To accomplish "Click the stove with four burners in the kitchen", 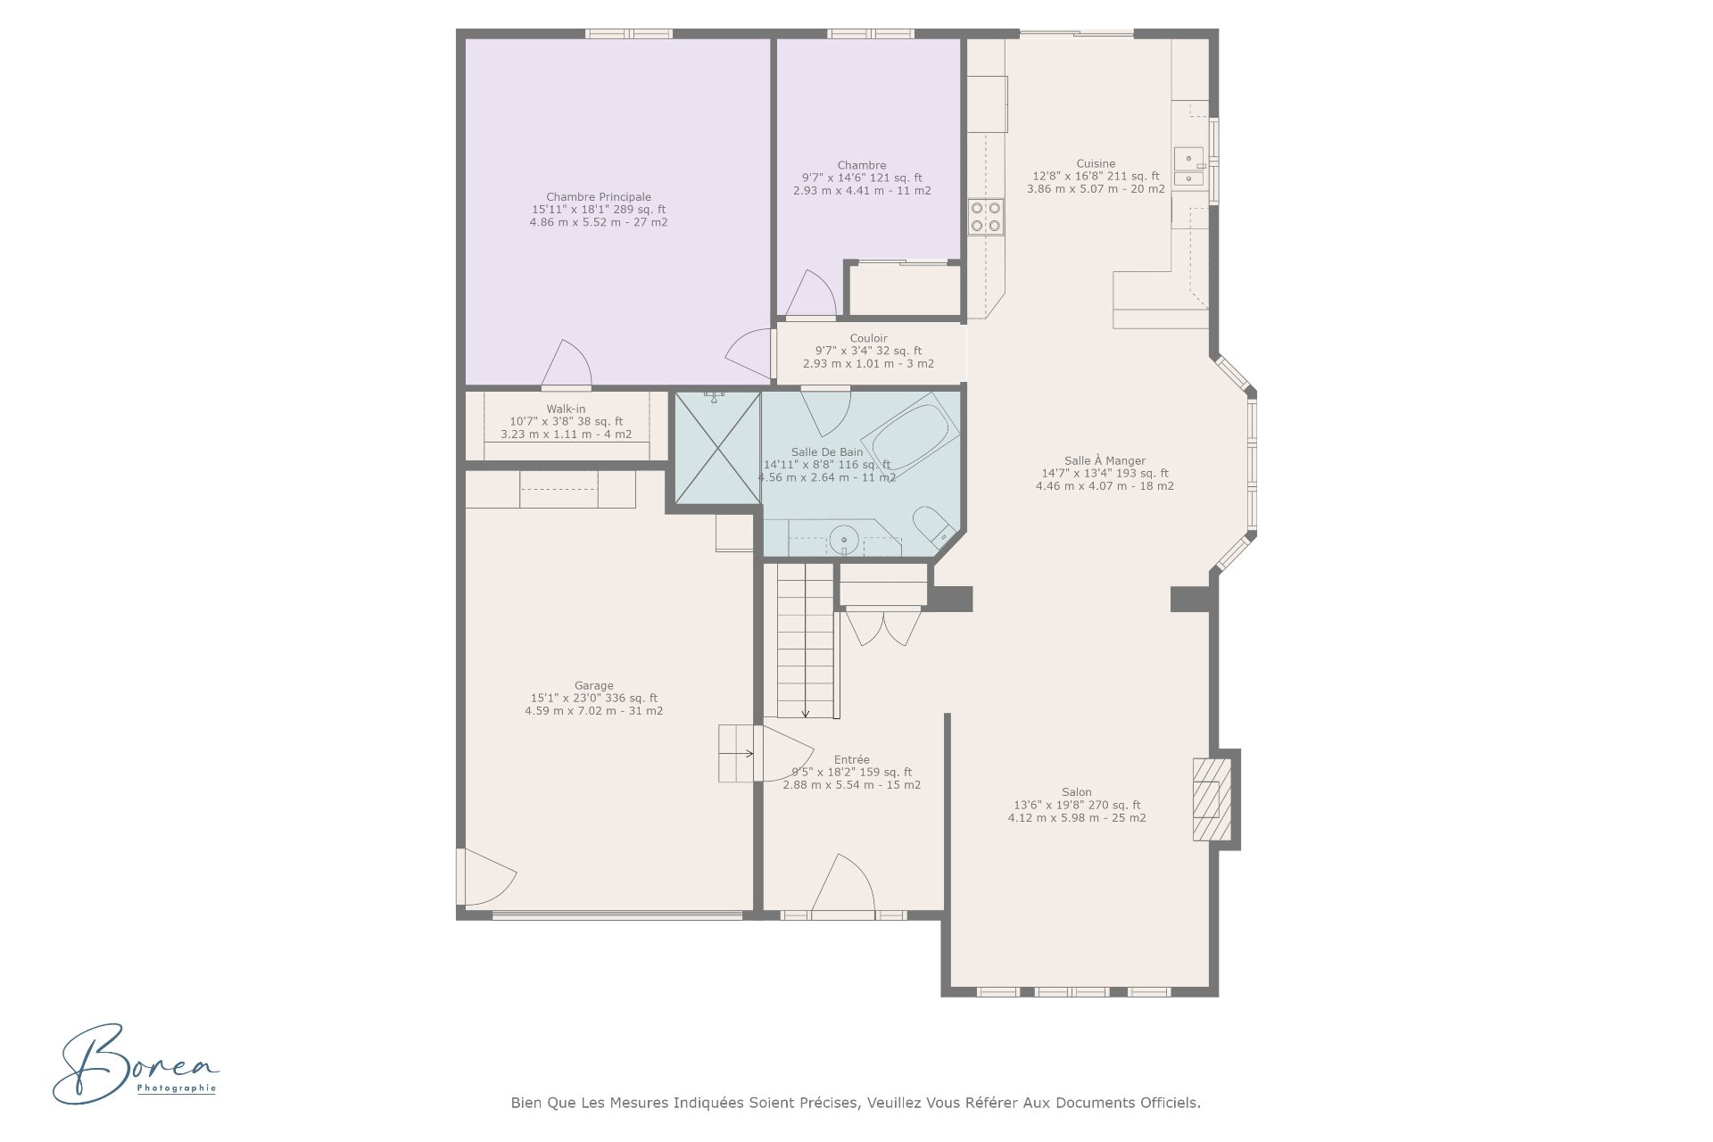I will tap(986, 217).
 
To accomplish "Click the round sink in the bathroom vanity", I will tap(843, 540).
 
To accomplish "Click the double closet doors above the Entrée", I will tap(881, 626).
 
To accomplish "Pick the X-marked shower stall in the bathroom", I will tap(717, 447).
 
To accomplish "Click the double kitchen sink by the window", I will tap(1188, 169).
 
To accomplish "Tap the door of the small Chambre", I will tap(810, 294).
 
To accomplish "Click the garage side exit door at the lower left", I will tap(484, 876).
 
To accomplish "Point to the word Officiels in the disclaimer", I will tap(1171, 1103).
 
